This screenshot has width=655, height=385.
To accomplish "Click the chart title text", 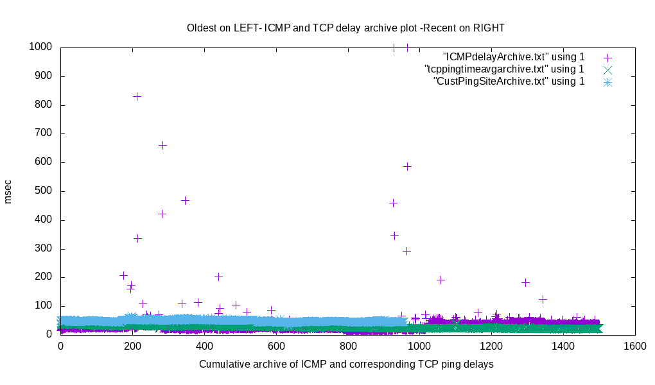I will click(345, 28).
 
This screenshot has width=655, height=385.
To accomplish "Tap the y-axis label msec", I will click(8, 191).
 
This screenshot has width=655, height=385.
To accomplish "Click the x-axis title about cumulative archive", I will click(346, 364).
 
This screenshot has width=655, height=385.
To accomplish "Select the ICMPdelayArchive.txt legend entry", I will click(514, 57).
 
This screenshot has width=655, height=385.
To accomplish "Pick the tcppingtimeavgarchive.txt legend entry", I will click(504, 69).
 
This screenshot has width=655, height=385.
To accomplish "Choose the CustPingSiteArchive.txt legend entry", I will click(509, 81).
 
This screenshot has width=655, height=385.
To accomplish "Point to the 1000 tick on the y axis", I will click(40, 47).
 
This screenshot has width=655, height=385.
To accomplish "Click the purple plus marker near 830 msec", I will click(137, 96).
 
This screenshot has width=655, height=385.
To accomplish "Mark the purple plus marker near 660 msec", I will click(162, 145).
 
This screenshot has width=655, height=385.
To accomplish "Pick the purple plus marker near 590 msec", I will click(407, 166).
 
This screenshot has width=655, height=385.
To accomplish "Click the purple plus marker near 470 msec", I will click(185, 200).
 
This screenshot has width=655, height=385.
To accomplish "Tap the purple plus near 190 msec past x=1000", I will click(441, 280).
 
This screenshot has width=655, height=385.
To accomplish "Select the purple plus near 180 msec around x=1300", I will click(525, 282).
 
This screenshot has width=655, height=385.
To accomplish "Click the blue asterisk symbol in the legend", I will click(607, 82).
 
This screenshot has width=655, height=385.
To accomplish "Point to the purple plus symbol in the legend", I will click(607, 58).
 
